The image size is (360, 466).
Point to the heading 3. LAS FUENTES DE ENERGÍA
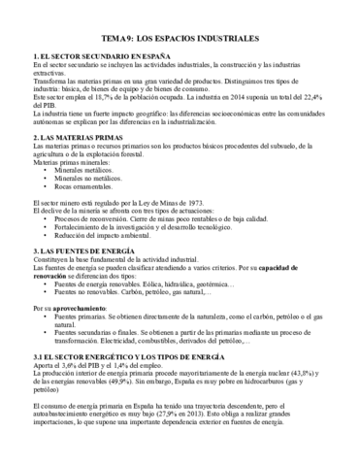click(84, 251)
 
